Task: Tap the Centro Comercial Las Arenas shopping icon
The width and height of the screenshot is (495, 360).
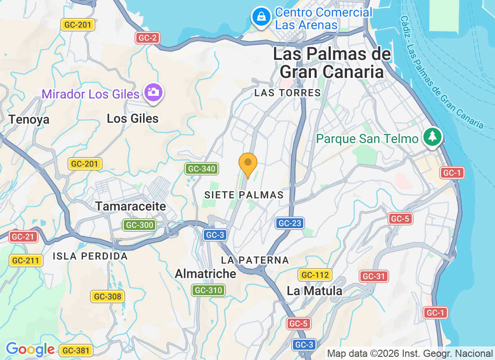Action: pyautogui.click(x=261, y=17)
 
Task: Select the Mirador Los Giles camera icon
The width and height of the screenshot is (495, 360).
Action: pyautogui.click(x=153, y=92)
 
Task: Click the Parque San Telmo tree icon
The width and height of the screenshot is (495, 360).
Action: pyautogui.click(x=432, y=136)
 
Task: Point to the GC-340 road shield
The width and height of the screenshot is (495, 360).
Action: pyautogui.click(x=202, y=169)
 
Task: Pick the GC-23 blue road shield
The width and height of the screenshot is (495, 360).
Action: pyautogui.click(x=290, y=223)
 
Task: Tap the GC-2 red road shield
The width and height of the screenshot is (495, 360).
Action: pyautogui.click(x=148, y=38)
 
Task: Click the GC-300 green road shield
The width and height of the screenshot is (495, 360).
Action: pyautogui.click(x=140, y=225)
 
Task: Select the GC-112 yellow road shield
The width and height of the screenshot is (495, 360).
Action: pyautogui.click(x=315, y=274)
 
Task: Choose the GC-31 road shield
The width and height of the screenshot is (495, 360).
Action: pyautogui.click(x=374, y=276)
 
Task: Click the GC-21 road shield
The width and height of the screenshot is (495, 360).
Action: pyautogui.click(x=23, y=237)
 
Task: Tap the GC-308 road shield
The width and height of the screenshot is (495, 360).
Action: pyautogui.click(x=107, y=297)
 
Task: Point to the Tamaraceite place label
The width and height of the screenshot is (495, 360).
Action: pyautogui.click(x=130, y=207)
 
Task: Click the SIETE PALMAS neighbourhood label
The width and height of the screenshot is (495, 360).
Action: pyautogui.click(x=244, y=195)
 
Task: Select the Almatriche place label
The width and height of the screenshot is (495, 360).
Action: pyautogui.click(x=205, y=274)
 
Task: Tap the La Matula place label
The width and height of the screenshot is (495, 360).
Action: pyautogui.click(x=315, y=291)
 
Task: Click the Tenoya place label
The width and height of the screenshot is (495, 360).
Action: pyautogui.click(x=29, y=120)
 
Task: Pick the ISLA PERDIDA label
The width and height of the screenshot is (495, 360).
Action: pyautogui.click(x=90, y=256)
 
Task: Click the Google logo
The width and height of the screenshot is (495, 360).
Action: pyautogui.click(x=31, y=349)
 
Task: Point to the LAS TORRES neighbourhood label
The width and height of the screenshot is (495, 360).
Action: pyautogui.click(x=288, y=93)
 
